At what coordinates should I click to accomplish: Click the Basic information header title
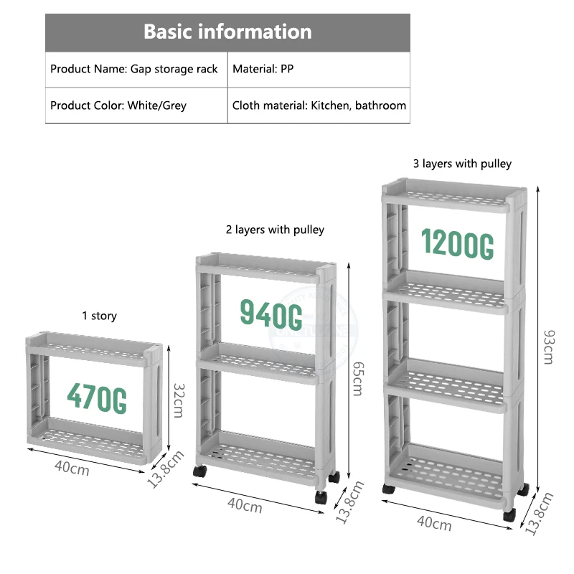tap(227, 32)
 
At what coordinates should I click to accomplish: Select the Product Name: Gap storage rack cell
tap(134, 70)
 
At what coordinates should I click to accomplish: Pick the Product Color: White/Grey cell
tap(118, 105)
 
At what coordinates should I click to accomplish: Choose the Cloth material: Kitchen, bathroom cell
tap(319, 105)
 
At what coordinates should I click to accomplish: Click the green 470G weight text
tap(97, 396)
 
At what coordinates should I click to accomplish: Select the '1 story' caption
tap(99, 316)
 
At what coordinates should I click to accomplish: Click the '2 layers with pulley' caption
tap(275, 230)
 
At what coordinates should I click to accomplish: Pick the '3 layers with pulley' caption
tap(462, 164)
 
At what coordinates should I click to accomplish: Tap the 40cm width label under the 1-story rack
tap(72, 470)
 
